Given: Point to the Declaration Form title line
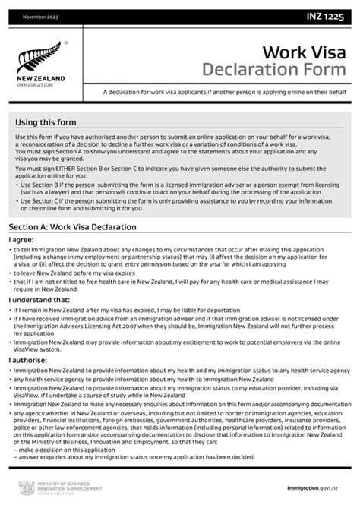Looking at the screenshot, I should [276, 71].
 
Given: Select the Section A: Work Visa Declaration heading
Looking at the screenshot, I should [72, 227].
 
